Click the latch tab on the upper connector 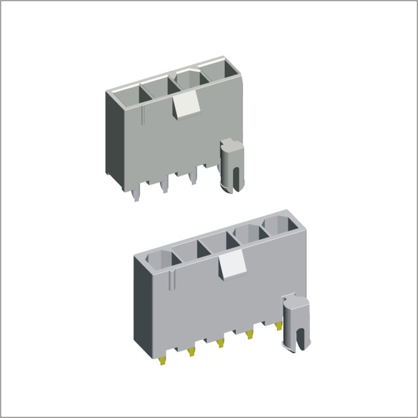(x=186, y=104)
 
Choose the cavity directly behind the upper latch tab (x=188, y=81)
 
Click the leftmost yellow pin (x=162, y=360)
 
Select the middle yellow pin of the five (x=220, y=342)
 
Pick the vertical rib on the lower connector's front (x=172, y=282)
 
